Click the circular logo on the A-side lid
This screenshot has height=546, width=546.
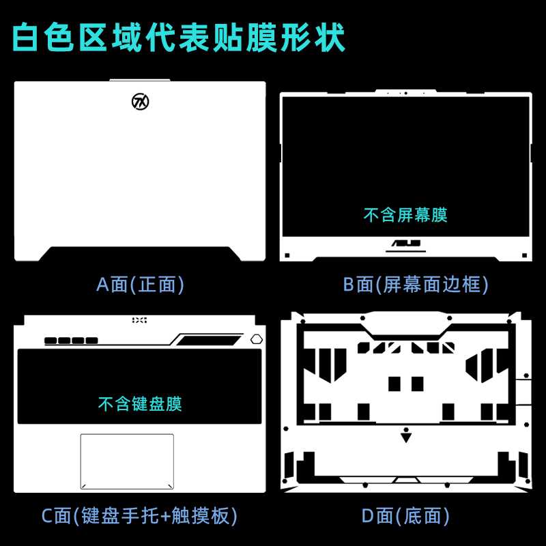[141, 102]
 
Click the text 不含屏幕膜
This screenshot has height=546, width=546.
[405, 216]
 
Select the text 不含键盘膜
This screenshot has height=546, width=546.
[140, 403]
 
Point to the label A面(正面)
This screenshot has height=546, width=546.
[141, 284]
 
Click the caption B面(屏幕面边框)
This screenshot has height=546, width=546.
[416, 284]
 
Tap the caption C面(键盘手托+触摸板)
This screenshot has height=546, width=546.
[140, 515]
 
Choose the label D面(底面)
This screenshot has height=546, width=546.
[406, 515]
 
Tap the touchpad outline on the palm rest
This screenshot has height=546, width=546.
[127, 461]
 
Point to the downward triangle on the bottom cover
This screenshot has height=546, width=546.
[406, 437]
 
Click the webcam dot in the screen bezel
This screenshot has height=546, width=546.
[405, 93]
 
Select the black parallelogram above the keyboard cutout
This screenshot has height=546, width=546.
[207, 339]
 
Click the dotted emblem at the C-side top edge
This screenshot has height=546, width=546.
[139, 319]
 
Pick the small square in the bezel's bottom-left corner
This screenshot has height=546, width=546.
[287, 255]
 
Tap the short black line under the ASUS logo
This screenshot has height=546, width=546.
[405, 250]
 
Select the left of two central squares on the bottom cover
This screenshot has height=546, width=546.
[394, 384]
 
